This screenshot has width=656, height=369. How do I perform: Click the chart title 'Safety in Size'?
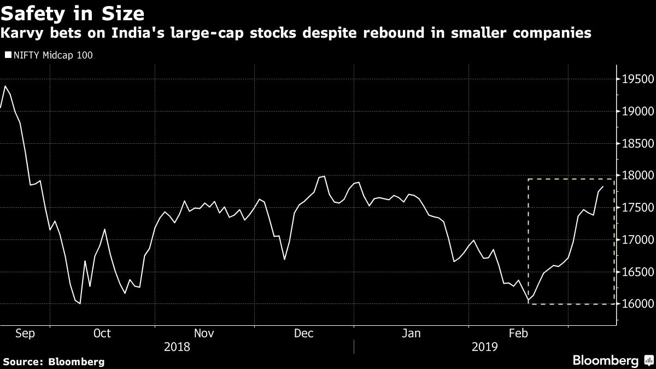73,12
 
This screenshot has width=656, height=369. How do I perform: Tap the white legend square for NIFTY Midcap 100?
7,55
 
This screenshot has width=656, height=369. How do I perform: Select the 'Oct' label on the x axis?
102,333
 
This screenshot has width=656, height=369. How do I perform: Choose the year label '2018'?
177,347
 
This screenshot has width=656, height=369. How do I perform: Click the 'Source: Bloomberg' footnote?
54,361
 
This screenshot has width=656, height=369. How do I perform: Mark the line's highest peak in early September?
5,86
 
